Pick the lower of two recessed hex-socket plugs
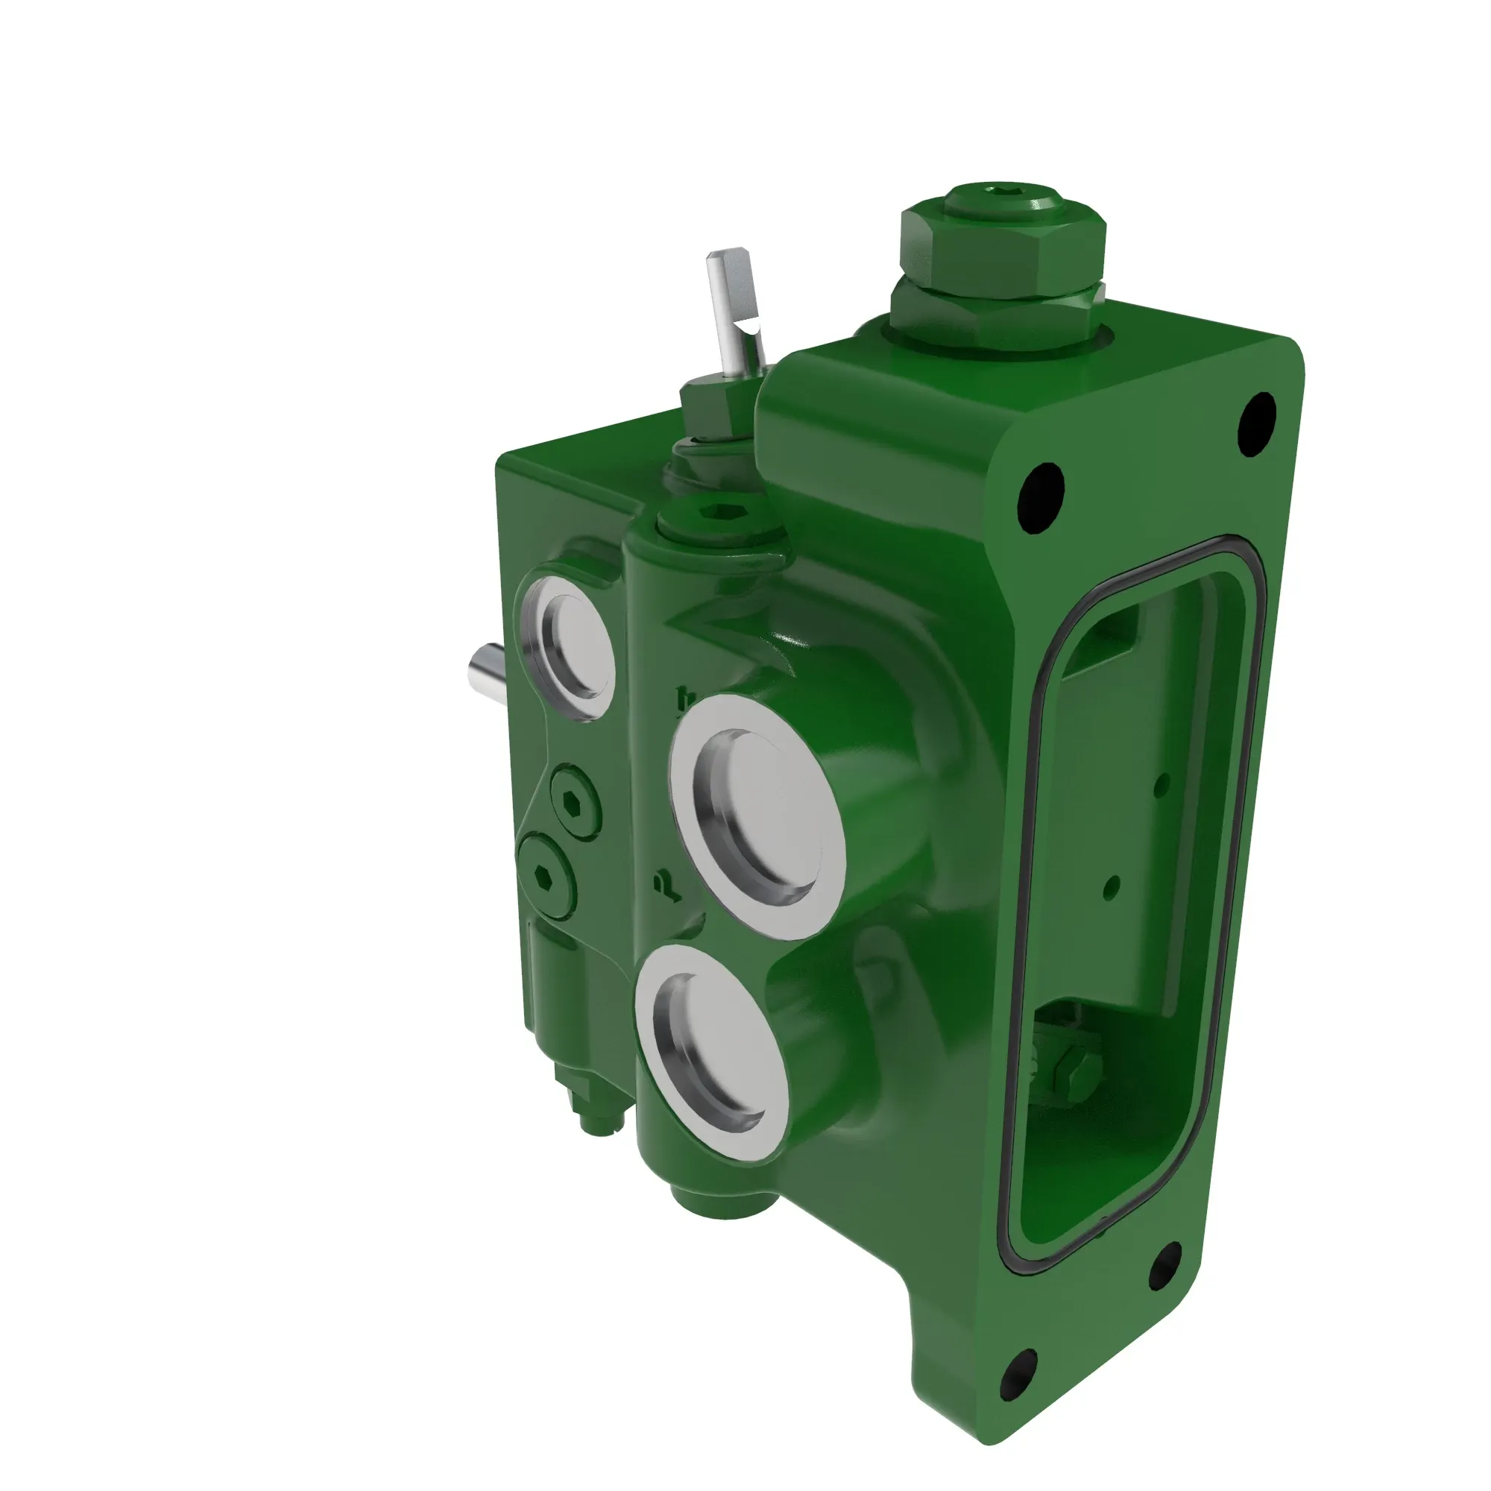[546, 874]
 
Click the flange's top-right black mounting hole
[1256, 423]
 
